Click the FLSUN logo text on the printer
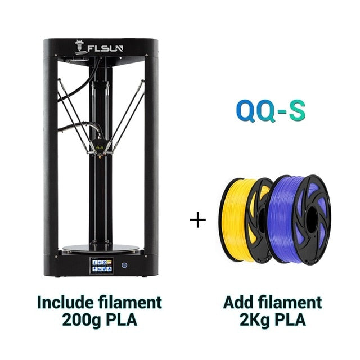pos(105,48)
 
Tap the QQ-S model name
pos(271,111)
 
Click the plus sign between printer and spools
pos(198,220)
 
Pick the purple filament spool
pos(300,220)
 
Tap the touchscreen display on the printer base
pos(101,265)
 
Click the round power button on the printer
pos(124,265)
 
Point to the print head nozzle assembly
pos(101,147)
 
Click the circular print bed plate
pos(101,248)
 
